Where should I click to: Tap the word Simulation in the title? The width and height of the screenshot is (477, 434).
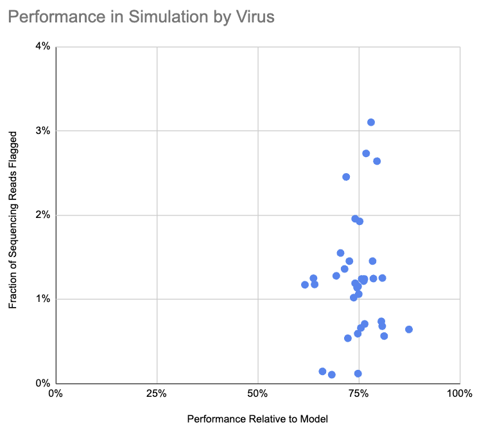pos(168,17)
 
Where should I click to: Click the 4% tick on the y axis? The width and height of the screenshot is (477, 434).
pos(43,46)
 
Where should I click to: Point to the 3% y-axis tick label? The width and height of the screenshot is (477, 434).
pos(43,131)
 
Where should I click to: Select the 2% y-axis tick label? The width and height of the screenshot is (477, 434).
pos(43,215)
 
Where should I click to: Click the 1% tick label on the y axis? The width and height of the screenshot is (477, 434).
pos(43,299)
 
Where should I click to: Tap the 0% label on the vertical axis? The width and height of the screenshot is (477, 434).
pos(43,383)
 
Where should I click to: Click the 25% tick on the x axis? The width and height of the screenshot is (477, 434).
pos(157,394)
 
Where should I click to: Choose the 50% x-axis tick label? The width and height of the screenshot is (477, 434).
pos(257,394)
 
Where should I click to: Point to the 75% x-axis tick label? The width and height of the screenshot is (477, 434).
pos(359,394)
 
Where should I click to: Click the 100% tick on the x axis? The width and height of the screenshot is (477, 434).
pos(460,394)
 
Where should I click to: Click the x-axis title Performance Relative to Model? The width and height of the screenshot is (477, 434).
pos(257,419)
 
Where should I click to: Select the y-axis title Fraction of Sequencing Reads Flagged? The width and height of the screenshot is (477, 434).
pos(13,220)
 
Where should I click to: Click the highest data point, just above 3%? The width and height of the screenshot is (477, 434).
pos(371,122)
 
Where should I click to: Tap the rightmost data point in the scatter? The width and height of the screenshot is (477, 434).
pos(409,330)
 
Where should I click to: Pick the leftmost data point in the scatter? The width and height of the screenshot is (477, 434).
pos(305,285)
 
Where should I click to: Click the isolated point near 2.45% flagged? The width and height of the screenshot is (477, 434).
pos(346,177)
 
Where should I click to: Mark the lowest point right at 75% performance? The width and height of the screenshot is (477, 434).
pos(358,373)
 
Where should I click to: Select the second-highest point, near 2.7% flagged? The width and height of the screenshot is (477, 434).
pos(366,153)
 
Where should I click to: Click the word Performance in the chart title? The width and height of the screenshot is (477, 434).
pos(57,17)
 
